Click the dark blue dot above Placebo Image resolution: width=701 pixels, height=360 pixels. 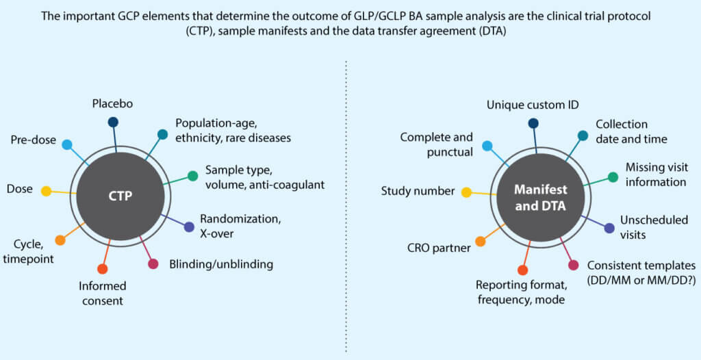coord(113,123)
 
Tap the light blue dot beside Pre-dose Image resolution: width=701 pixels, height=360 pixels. coord(67,144)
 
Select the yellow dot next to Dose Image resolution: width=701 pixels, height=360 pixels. coord(46,191)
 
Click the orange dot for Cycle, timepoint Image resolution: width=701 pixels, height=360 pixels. coord(60,240)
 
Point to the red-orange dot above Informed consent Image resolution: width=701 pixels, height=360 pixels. coord(103,269)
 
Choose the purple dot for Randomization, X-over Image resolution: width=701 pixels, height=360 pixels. coord(189,227)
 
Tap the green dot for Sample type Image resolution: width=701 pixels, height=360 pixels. coord(193,176)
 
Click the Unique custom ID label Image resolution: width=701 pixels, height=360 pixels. coord(533,105)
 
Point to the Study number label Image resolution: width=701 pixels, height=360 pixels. coord(418,191)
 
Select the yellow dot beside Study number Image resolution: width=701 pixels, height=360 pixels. coord(466,192)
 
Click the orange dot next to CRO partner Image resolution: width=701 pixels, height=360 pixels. coord(480,241)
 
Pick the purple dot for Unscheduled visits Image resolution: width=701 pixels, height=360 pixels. coord(609,228)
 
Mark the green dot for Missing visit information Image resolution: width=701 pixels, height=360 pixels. coord(613,177)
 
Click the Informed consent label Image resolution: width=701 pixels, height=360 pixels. coord(102,292)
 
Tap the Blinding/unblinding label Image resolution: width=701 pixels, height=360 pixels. coord(221,264)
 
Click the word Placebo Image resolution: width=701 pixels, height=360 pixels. coord(112,104)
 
